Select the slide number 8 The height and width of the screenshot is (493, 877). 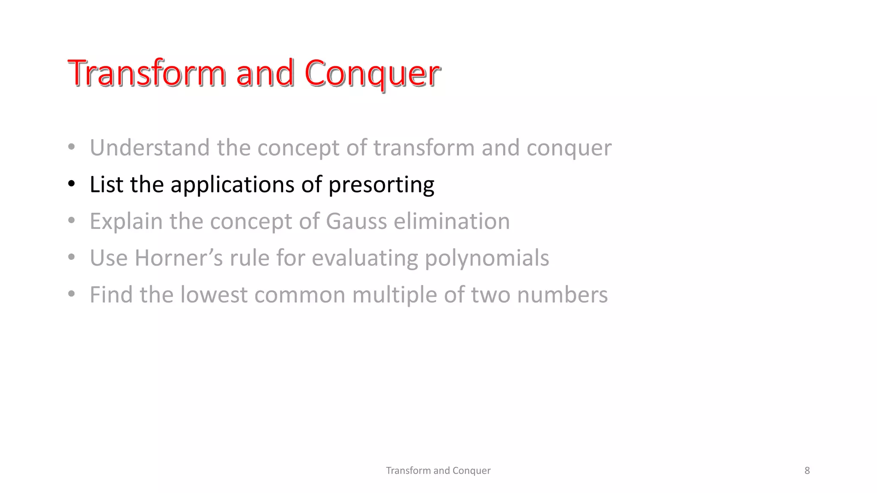807,470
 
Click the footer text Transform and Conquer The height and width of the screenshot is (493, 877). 438,470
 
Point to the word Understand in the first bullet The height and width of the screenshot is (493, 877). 149,148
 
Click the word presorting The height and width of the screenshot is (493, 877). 381,185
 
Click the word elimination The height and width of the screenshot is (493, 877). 452,221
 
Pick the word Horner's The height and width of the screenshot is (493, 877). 179,258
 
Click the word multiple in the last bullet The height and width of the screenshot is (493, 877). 394,295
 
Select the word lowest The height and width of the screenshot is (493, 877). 214,295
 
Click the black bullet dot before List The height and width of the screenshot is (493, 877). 72,184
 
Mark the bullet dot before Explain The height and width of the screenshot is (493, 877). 72,221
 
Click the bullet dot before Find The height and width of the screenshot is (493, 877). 72,294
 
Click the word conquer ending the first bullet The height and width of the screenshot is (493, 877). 569,148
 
